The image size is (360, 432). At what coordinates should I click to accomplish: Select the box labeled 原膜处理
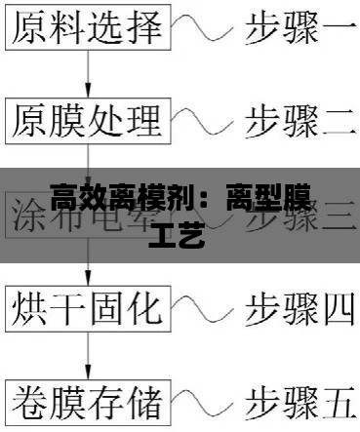(x=87, y=121)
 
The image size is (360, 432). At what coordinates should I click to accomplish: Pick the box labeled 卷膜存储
(x=87, y=400)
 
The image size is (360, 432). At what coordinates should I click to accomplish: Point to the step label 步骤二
(x=299, y=122)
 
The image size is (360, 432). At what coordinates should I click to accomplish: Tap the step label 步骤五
(x=299, y=401)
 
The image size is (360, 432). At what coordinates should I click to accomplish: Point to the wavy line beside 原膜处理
(x=202, y=122)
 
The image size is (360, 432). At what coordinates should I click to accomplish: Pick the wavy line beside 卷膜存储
(x=202, y=401)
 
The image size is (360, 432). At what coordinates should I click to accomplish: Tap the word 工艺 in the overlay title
(x=179, y=235)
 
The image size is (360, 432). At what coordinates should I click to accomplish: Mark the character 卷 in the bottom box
(x=29, y=400)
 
